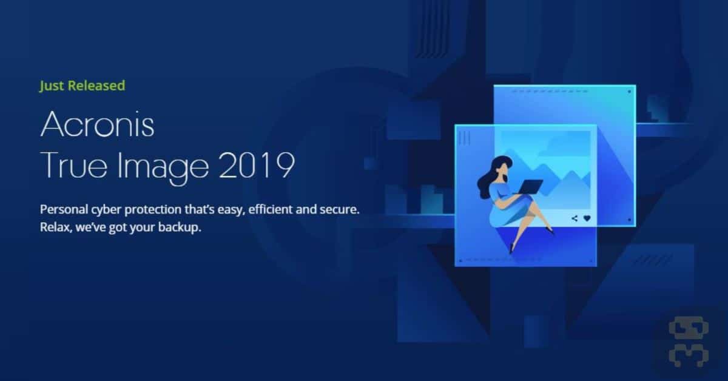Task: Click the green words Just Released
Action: click(x=83, y=86)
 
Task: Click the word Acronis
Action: click(x=97, y=124)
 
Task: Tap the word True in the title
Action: click(x=73, y=165)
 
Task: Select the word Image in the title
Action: click(x=163, y=167)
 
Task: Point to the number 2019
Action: click(x=257, y=165)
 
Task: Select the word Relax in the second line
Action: click(x=56, y=228)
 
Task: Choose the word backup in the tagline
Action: click(x=180, y=228)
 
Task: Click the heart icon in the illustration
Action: click(x=587, y=218)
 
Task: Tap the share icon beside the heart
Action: click(x=575, y=218)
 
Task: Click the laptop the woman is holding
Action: click(x=529, y=187)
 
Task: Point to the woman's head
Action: click(x=502, y=167)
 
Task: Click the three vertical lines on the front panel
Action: click(x=465, y=138)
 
